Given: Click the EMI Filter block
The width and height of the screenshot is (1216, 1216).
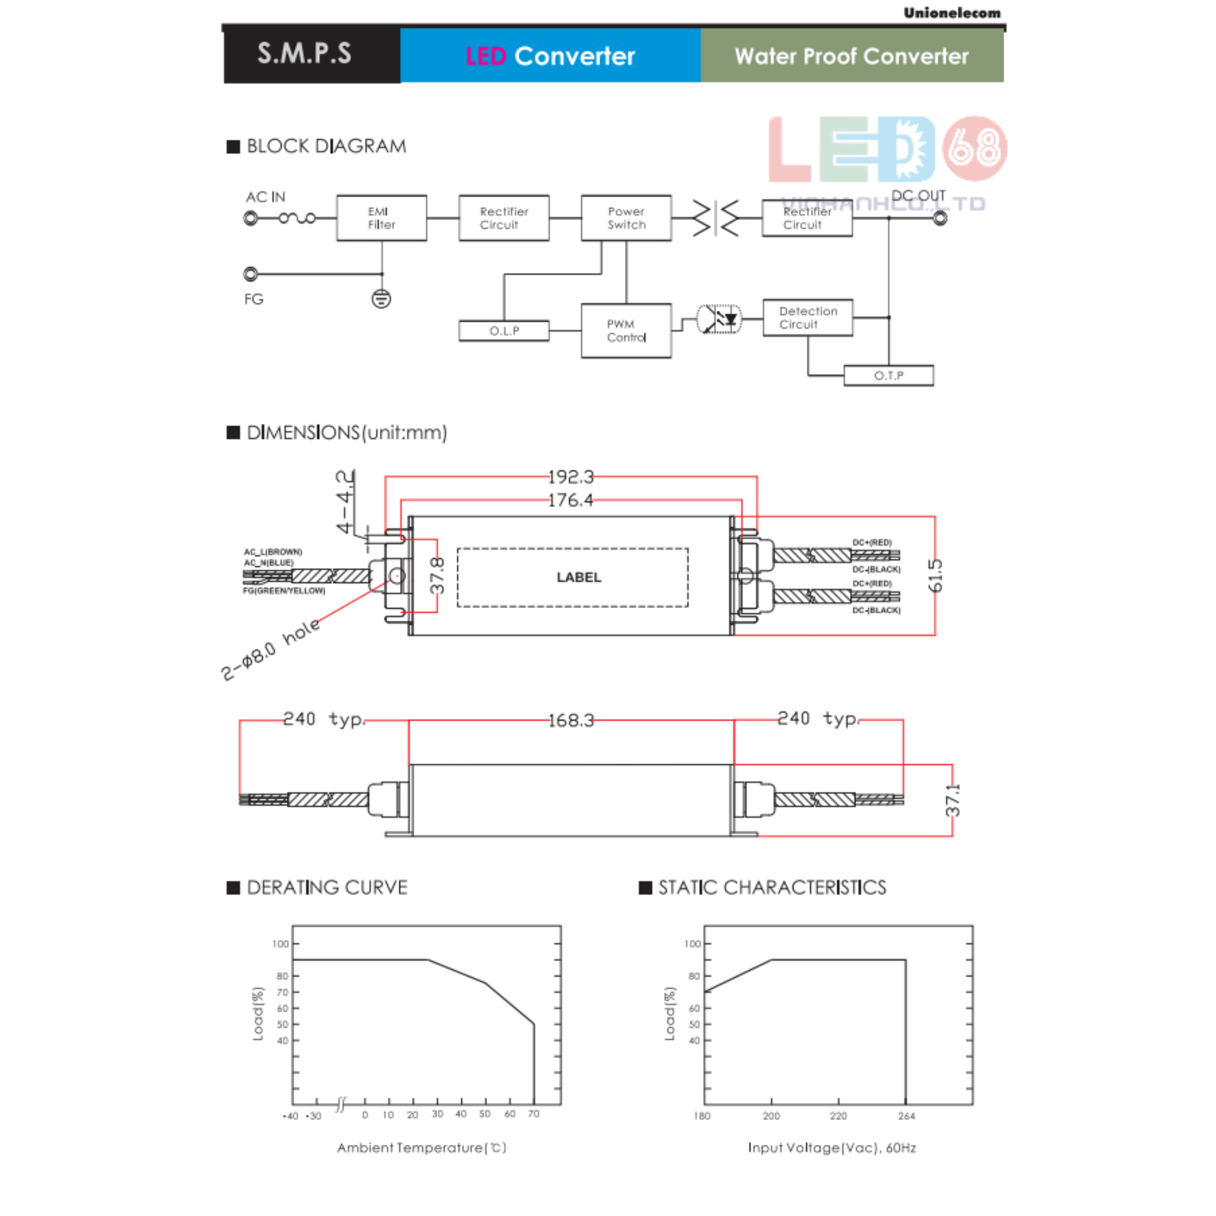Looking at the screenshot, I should [381, 218].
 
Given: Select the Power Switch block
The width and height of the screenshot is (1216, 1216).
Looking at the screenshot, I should [626, 218].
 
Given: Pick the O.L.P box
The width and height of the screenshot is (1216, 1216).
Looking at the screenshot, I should [503, 330].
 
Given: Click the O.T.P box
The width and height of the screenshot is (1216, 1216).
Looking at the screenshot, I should [888, 376].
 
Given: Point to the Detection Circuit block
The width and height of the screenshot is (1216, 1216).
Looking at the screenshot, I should [807, 318].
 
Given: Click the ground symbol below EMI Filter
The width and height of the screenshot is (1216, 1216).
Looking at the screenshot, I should [381, 299].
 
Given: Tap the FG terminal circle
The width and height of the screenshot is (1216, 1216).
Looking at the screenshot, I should [250, 274].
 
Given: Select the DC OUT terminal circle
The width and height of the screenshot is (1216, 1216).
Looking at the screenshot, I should [940, 218].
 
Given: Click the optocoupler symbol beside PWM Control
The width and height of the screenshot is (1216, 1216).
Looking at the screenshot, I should [719, 319].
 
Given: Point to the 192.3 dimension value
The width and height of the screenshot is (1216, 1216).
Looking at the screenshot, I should [570, 477].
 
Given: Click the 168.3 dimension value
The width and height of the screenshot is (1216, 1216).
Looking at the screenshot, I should [570, 720].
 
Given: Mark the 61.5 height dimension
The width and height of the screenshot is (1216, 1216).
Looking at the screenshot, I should [936, 575].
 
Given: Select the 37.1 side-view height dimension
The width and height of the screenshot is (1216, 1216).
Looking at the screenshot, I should [953, 800].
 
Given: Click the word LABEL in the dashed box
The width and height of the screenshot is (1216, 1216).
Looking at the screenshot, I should [578, 577].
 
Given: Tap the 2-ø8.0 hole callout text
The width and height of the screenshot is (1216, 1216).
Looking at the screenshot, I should [270, 649].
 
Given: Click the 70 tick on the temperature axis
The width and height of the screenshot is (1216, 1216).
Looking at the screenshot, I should [534, 1114].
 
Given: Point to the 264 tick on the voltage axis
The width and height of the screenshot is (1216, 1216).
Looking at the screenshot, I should [906, 1116].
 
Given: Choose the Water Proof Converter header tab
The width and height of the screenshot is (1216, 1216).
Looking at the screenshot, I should [852, 56].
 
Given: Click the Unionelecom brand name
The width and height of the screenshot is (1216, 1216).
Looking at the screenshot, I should [951, 13].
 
